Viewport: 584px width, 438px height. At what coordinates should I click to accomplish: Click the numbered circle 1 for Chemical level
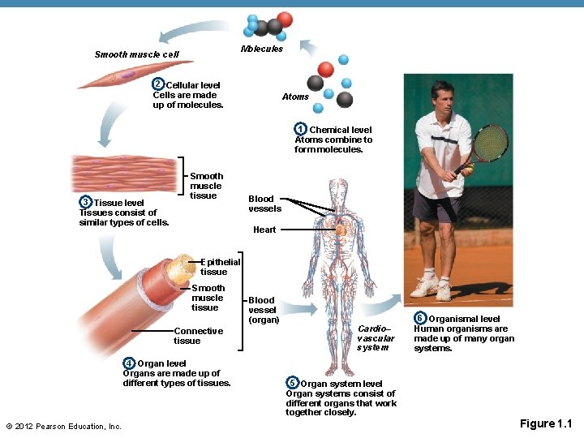pos(300,130)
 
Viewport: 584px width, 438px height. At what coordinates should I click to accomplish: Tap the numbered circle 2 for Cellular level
pos(159,85)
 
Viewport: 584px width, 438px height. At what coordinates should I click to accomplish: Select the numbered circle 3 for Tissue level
pos(85,202)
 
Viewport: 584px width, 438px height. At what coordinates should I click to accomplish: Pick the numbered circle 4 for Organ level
pos(130,363)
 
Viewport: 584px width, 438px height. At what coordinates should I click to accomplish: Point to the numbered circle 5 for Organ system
pos(292,383)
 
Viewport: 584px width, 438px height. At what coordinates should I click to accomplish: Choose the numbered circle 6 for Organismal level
pos(420,318)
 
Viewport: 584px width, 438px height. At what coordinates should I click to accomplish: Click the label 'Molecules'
pos(262,49)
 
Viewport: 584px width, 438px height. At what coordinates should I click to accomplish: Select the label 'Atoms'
pos(295,97)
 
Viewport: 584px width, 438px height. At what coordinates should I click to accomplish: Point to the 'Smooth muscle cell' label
pos(136,55)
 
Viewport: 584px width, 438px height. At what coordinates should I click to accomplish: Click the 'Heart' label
pos(264,230)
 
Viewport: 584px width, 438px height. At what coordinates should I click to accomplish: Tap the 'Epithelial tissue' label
pos(220,267)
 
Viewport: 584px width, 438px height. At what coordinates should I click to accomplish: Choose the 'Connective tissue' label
pos(198,336)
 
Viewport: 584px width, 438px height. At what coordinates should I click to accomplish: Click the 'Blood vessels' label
pos(264,204)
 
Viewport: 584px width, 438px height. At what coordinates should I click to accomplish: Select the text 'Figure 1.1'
pos(546,423)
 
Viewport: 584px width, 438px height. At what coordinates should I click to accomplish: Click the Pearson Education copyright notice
pos(63,427)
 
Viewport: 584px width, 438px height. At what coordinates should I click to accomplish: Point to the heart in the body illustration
pos(341,230)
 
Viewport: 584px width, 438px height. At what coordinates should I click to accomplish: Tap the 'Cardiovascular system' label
pos(376,337)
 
